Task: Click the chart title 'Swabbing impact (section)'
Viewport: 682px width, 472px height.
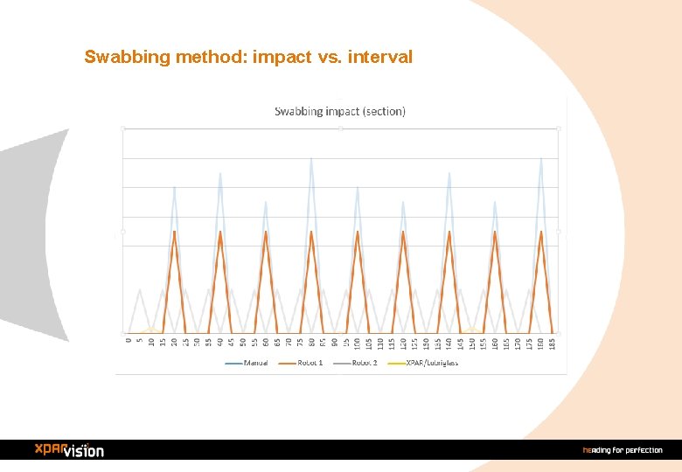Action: [x=340, y=111]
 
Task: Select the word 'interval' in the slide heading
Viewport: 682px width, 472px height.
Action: [x=380, y=58]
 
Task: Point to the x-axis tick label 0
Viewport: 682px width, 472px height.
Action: [x=129, y=341]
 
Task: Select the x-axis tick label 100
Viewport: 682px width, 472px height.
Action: [x=358, y=344]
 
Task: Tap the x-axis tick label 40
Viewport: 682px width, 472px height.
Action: [x=220, y=343]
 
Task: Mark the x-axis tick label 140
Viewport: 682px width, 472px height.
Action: [x=449, y=344]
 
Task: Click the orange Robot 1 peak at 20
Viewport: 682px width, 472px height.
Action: [x=174, y=232]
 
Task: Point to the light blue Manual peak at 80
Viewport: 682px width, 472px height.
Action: [x=311, y=158]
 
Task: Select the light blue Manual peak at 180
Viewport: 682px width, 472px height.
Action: [x=541, y=158]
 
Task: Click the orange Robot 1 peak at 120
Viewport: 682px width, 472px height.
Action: [x=403, y=232]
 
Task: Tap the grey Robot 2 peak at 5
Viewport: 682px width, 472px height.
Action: [x=140, y=289]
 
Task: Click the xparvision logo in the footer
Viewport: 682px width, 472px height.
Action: [x=69, y=449]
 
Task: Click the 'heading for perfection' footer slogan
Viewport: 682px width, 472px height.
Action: [x=623, y=450]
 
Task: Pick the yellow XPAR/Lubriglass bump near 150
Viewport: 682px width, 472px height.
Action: [x=472, y=330]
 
